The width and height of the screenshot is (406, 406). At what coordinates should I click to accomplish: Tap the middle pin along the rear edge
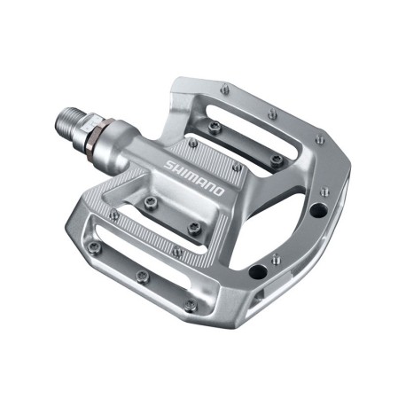270,113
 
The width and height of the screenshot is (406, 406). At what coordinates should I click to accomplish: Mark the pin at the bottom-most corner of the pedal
190,306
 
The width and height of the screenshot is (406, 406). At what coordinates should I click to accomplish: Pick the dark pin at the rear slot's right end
277,160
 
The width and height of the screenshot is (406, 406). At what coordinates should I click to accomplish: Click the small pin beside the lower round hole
276,259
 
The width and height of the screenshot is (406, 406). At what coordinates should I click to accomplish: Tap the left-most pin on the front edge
114,214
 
